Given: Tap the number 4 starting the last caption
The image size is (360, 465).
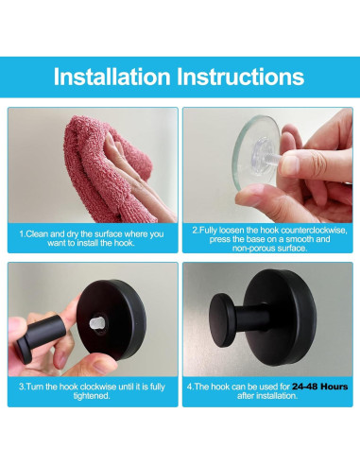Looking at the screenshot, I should [190, 387].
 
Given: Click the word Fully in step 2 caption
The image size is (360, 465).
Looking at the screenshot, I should [211, 230].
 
